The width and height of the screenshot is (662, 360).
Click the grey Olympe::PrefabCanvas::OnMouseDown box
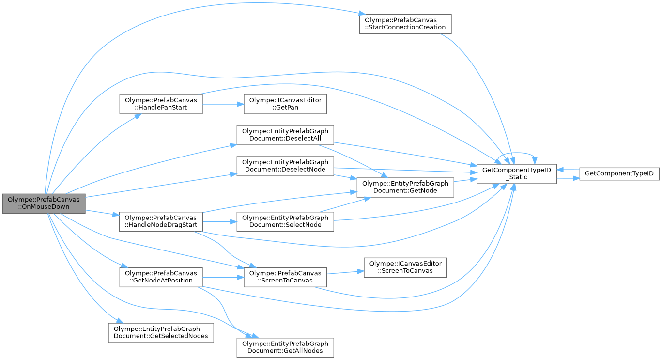(x=44, y=203)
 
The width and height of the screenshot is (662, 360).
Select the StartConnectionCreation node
(x=405, y=24)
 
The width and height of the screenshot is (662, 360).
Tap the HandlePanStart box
(x=161, y=104)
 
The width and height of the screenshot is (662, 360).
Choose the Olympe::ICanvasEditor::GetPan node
(x=285, y=104)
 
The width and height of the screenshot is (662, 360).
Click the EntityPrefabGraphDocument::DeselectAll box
(x=285, y=135)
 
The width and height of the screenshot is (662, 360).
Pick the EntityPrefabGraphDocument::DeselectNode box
(x=285, y=166)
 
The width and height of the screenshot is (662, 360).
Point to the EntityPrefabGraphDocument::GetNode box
(x=405, y=187)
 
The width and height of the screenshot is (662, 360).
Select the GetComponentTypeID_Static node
(x=517, y=174)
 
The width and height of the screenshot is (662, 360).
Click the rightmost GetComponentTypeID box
(x=619, y=174)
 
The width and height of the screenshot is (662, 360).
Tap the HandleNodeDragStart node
(x=161, y=221)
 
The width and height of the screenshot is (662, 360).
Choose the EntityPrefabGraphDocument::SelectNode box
(x=285, y=221)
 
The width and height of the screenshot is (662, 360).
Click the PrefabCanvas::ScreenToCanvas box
(x=285, y=277)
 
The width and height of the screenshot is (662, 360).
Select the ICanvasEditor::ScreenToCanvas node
(x=405, y=267)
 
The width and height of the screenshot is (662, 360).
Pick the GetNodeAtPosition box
(x=161, y=277)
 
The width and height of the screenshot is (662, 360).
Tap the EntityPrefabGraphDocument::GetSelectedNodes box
(x=161, y=333)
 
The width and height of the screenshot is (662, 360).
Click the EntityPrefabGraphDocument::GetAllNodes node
(x=285, y=347)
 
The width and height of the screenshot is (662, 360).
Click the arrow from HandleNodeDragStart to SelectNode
(x=219, y=221)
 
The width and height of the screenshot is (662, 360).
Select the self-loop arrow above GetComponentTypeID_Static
(x=517, y=153)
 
